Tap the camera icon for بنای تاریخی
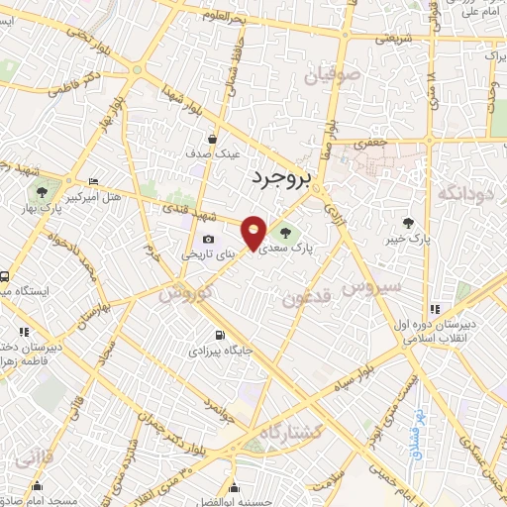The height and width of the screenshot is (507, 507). click(x=208, y=239)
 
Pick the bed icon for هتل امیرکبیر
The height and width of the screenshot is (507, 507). click(x=93, y=182)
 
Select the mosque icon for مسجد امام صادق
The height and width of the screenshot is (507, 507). click(x=38, y=486)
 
